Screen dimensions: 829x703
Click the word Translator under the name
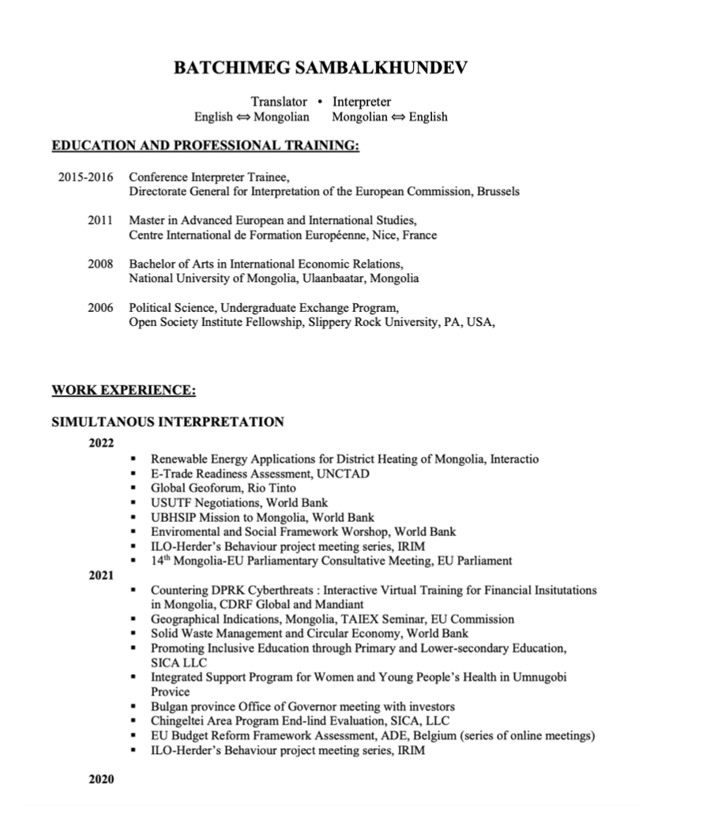pos(279,102)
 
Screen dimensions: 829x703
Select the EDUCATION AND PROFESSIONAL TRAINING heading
pos(205,146)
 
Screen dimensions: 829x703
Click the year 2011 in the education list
pos(100,219)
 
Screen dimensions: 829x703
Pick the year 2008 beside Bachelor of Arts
pos(100,264)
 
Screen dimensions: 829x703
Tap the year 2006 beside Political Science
pos(100,307)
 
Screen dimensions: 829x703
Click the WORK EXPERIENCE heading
pos(123,390)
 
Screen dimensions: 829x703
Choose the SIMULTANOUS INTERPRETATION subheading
pos(167,422)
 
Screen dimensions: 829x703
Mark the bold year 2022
pos(101,443)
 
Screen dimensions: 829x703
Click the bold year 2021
pos(101,576)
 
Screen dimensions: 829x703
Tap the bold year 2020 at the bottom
pos(101,779)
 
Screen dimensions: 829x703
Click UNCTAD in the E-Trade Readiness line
pos(342,474)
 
